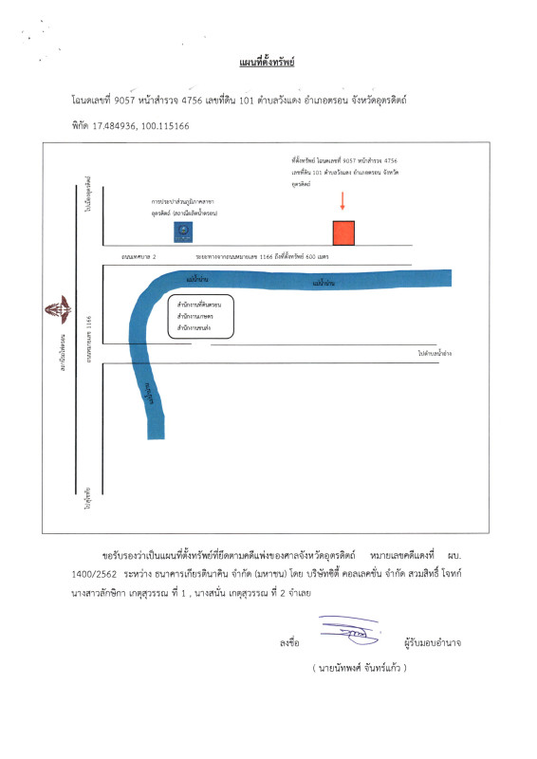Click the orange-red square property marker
tap(343, 232)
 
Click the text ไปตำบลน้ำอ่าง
tap(434, 353)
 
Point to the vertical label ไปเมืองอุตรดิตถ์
tap(86, 194)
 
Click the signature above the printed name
tap(348, 629)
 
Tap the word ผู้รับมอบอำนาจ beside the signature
tap(432, 643)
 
